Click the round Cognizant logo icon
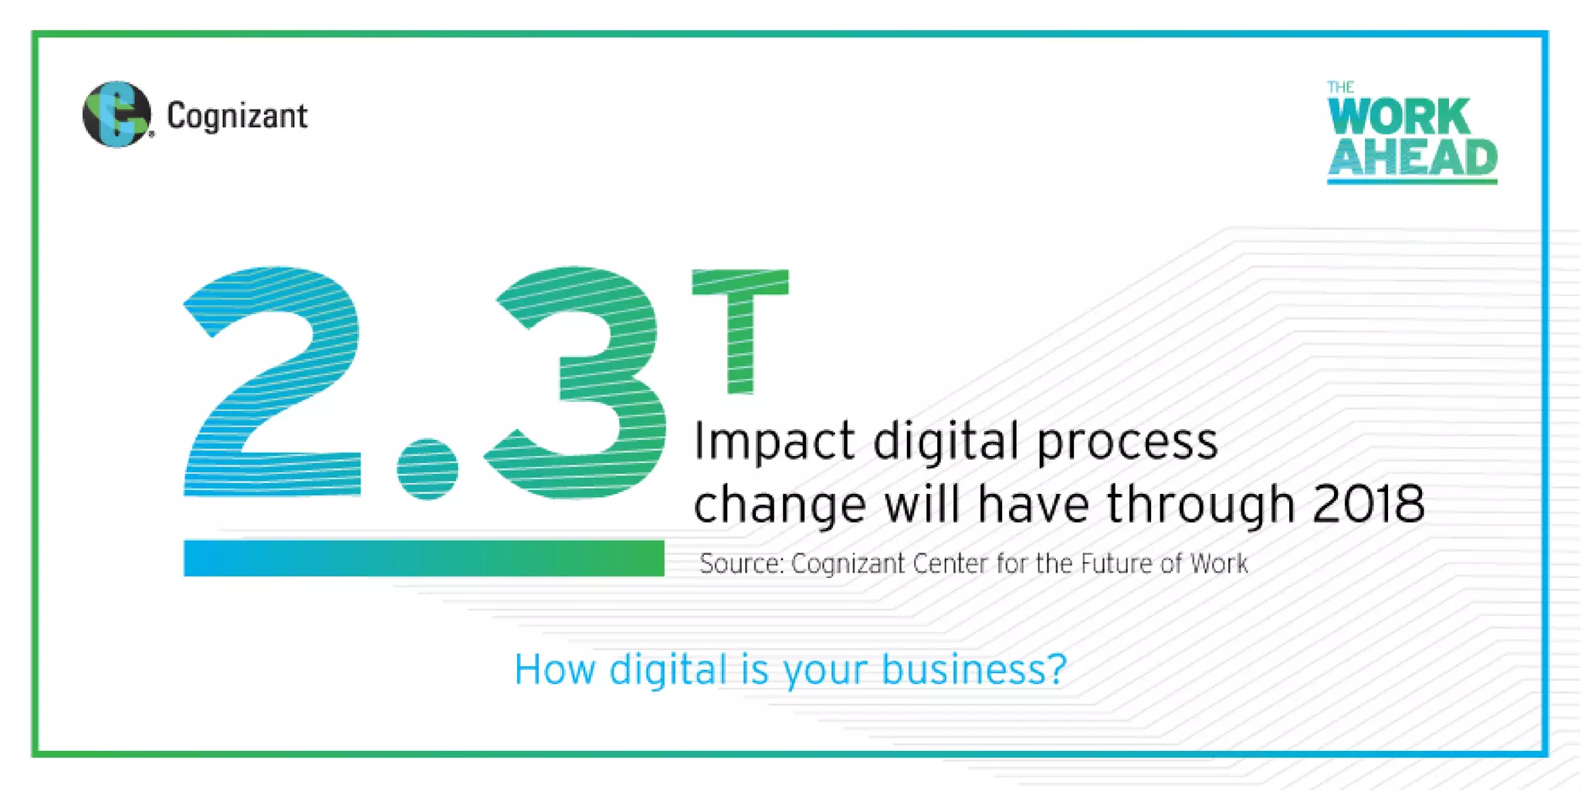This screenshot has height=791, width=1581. (x=117, y=114)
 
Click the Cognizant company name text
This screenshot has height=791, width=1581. (x=237, y=117)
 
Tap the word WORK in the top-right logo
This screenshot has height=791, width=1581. (x=1398, y=117)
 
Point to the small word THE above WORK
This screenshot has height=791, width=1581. (x=1341, y=87)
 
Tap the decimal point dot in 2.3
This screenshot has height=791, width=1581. (x=427, y=468)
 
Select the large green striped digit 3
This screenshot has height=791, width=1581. (x=579, y=382)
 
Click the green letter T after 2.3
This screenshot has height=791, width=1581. (x=740, y=328)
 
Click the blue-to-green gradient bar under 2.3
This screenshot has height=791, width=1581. (x=423, y=558)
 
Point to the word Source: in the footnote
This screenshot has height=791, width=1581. (x=741, y=564)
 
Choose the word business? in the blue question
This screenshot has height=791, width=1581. (x=974, y=670)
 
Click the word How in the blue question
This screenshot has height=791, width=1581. (x=554, y=670)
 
